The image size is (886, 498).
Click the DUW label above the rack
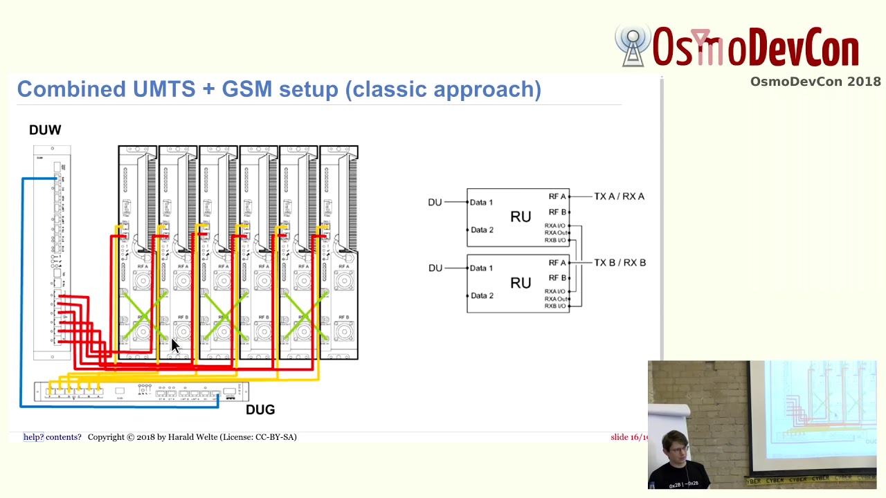[45, 130]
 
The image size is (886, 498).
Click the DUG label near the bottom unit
[260, 410]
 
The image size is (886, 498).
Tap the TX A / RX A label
[619, 196]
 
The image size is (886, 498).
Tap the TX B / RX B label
[620, 263]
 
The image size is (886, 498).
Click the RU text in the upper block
[521, 217]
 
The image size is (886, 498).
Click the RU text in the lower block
[521, 283]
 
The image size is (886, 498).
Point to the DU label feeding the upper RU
[435, 203]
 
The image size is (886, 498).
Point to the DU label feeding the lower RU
[435, 268]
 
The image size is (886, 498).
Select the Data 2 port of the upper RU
[481, 230]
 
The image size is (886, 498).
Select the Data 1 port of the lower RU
[481, 268]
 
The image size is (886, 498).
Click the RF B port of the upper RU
[557, 212]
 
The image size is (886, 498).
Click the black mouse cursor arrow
[174, 347]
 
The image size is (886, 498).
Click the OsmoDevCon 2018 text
[815, 82]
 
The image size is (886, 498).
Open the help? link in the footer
[33, 437]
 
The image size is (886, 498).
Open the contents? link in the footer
[64, 437]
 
